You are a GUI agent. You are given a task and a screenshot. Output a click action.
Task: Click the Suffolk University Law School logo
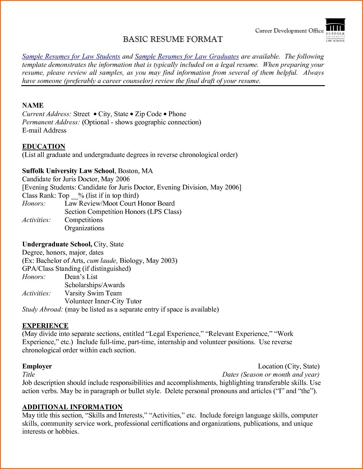(x=335, y=30)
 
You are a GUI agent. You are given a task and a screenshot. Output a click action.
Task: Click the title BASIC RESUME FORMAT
(x=173, y=39)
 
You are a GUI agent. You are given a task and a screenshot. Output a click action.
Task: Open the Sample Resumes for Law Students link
(x=71, y=56)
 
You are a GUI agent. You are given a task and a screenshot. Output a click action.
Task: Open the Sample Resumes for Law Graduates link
(x=187, y=56)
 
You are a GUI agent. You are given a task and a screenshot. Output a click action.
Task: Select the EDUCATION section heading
(x=44, y=146)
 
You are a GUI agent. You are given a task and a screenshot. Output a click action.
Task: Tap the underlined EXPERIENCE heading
(x=45, y=326)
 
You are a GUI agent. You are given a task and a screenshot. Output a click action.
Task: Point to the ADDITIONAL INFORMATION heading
(x=72, y=407)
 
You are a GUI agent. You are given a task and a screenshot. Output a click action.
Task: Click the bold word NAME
(x=33, y=105)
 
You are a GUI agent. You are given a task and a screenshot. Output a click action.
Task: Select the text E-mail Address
(x=44, y=130)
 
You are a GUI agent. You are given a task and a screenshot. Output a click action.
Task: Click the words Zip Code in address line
(x=148, y=114)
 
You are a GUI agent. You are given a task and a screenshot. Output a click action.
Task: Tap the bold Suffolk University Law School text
(x=68, y=171)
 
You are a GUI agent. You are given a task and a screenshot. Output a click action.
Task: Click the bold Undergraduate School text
(x=57, y=244)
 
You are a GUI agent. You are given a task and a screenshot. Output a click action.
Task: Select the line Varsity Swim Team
(x=93, y=293)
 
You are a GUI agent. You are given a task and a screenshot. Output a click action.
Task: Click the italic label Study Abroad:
(x=43, y=309)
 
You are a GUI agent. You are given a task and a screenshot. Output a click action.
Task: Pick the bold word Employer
(x=37, y=366)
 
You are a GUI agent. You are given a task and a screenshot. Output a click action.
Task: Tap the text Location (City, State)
(x=288, y=366)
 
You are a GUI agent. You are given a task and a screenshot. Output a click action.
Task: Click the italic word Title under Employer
(x=29, y=374)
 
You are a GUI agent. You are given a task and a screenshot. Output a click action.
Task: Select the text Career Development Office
(x=289, y=31)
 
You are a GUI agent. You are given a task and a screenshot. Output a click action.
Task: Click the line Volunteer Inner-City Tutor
(x=103, y=301)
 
